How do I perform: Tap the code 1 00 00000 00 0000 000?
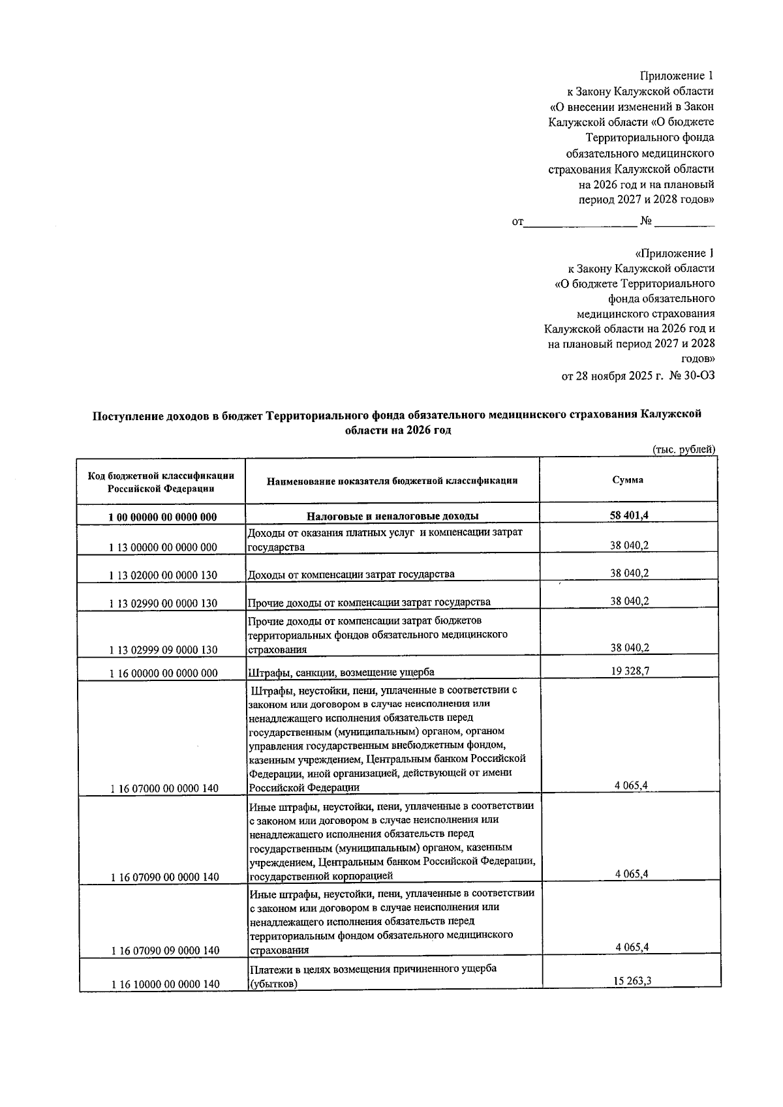pyautogui.click(x=163, y=517)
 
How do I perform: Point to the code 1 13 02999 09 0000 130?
pyautogui.click(x=163, y=650)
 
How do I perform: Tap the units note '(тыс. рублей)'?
pyautogui.click(x=684, y=449)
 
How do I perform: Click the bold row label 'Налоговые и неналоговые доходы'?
pyautogui.click(x=393, y=516)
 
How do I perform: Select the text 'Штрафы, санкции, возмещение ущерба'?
pyautogui.click(x=341, y=672)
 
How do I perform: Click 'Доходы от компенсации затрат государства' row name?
pyautogui.click(x=351, y=574)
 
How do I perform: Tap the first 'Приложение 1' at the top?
pyautogui.click(x=676, y=76)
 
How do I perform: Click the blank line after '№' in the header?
pyautogui.click(x=684, y=223)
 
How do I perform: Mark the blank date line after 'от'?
pyautogui.click(x=580, y=223)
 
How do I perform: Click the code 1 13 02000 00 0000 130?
pyautogui.click(x=163, y=575)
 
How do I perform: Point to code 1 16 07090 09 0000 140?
pyautogui.click(x=164, y=950)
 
